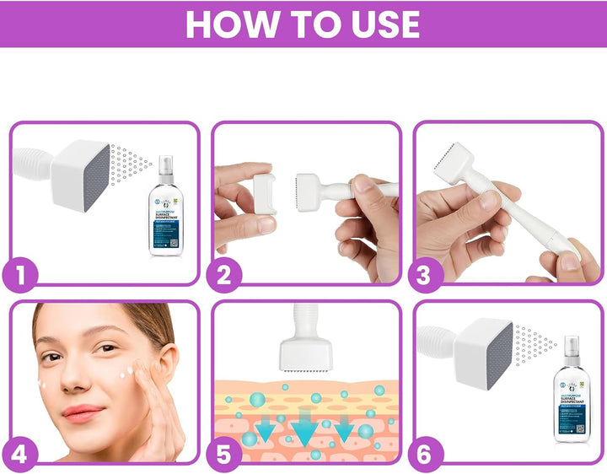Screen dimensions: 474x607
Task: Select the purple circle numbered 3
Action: pyautogui.click(x=426, y=273)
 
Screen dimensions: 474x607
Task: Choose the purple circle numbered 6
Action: pyautogui.click(x=426, y=454)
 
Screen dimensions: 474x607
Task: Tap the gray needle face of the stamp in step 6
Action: pyautogui.click(x=499, y=356)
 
